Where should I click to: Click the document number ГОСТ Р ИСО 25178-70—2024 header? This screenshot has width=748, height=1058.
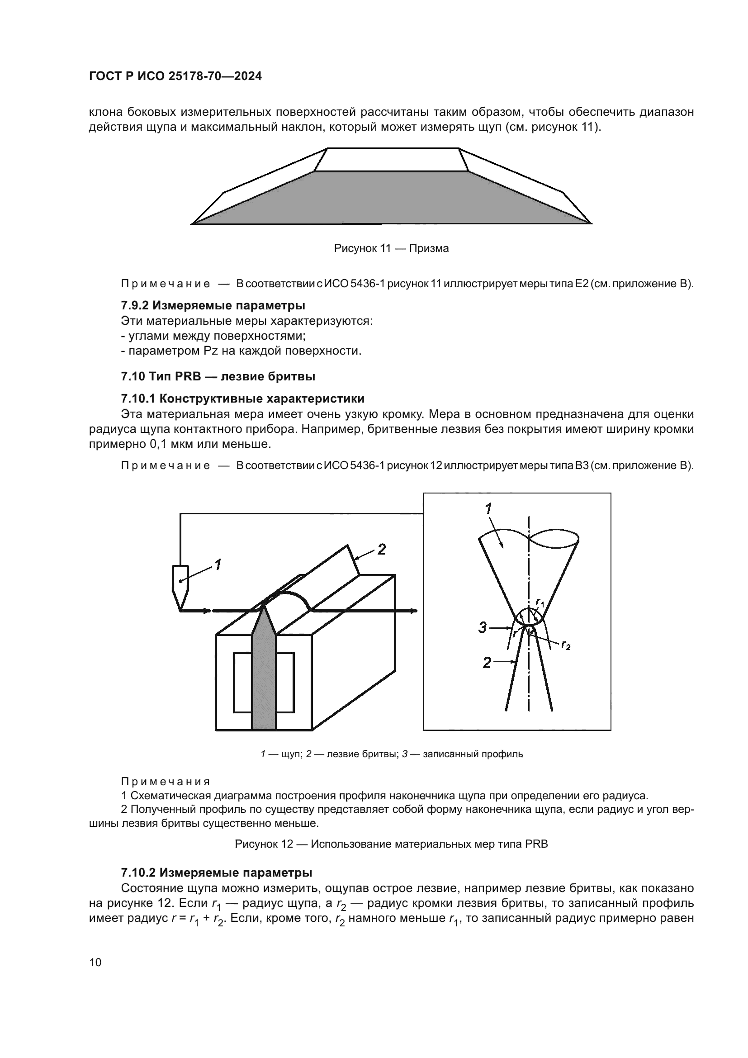click(x=175, y=76)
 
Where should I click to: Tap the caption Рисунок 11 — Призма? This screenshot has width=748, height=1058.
click(x=391, y=249)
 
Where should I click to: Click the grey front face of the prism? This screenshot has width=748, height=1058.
click(x=392, y=198)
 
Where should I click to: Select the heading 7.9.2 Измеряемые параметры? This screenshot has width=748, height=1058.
click(x=213, y=305)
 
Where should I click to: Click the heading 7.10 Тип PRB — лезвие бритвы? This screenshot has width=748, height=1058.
click(x=218, y=376)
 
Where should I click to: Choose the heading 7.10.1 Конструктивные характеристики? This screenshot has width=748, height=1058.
click(x=243, y=399)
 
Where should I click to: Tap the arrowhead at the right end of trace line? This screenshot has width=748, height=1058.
click(x=415, y=611)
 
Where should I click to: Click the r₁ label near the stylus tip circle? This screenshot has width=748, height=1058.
click(x=540, y=602)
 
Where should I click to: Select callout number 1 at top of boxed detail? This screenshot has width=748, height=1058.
click(x=488, y=509)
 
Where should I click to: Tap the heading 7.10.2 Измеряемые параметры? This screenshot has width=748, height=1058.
click(x=217, y=873)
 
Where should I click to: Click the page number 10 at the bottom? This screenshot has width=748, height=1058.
click(x=95, y=963)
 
